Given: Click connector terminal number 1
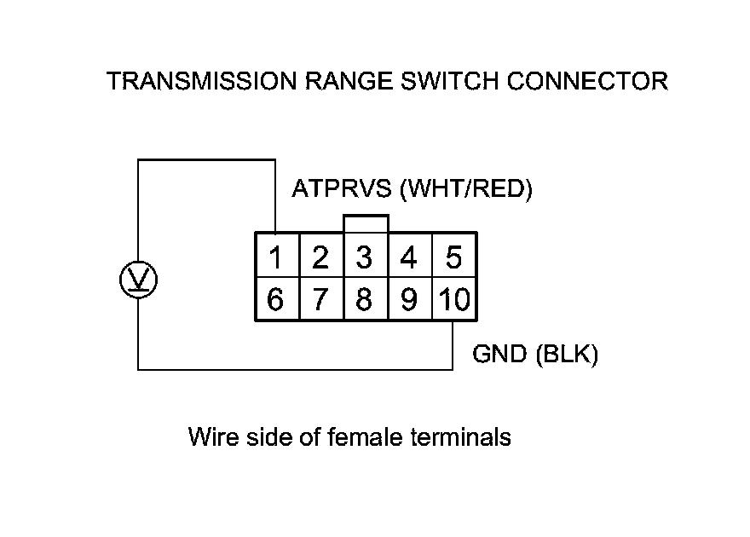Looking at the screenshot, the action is coord(277,256).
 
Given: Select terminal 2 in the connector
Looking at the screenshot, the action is coord(321,256).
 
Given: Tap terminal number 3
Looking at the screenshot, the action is coord(366,256).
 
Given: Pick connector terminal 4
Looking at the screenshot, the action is coord(410,256).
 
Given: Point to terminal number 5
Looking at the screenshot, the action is coord(454,256).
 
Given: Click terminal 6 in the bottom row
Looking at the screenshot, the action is coord(277,299).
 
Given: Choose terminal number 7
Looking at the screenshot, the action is coord(321,299).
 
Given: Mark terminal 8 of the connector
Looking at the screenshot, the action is coord(366,299).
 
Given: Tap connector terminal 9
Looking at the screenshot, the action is coord(410,299).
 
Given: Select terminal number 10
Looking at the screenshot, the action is coord(454,299).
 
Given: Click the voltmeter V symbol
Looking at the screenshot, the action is coord(138,280).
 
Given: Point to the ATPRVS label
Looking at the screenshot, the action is coord(342,188).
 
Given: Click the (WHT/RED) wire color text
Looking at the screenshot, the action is coord(465,189).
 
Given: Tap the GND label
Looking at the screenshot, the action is coord(499,355).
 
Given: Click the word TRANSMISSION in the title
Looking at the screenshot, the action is coord(202,81).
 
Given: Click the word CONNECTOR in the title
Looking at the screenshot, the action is coord(587,81).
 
